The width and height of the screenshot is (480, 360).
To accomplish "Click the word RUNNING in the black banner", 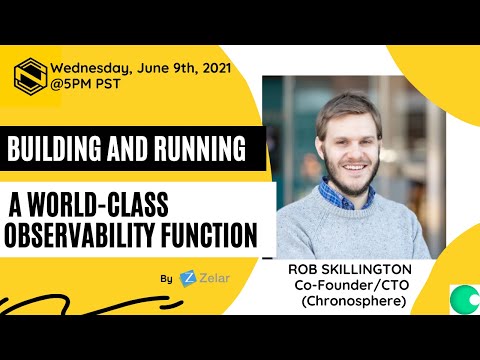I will click(x=197, y=151).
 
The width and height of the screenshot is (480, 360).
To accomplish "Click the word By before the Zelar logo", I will click(x=165, y=278).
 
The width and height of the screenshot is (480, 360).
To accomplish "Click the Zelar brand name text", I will click(x=211, y=278).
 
